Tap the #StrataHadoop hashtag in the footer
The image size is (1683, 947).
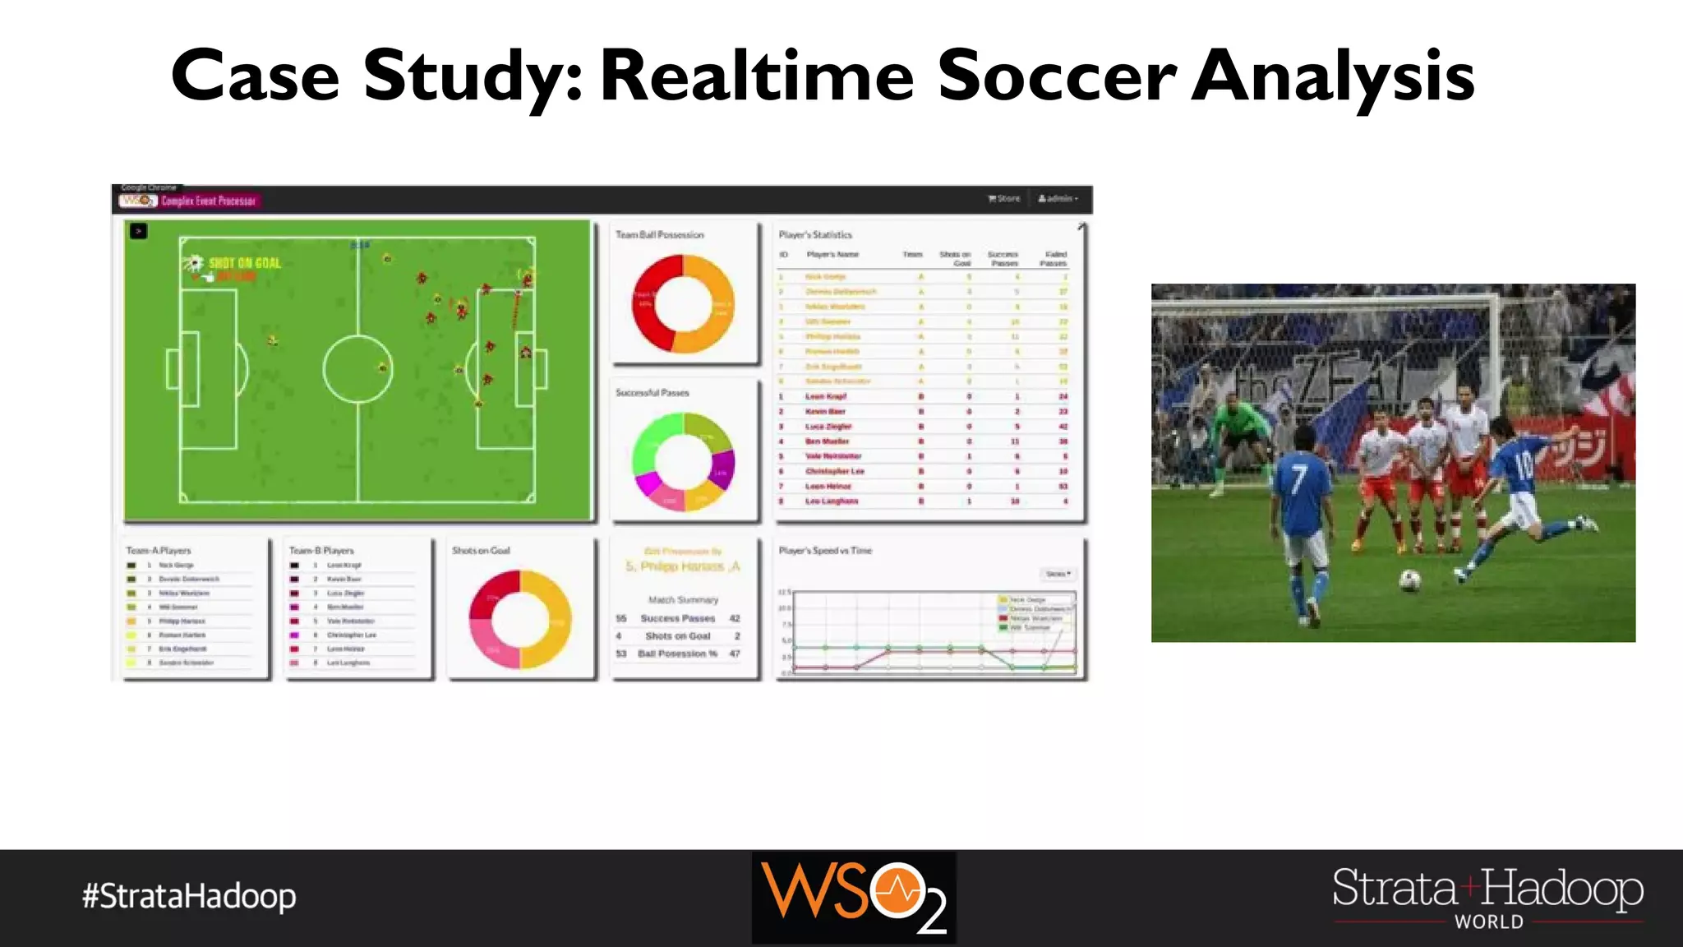click(189, 896)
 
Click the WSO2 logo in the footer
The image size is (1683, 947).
click(854, 897)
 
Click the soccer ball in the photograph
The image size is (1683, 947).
click(1409, 580)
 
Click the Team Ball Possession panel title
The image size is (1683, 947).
click(660, 235)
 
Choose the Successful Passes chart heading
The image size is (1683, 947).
click(652, 393)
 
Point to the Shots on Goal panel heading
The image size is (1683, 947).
click(481, 551)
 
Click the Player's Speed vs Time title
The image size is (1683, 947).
click(825, 551)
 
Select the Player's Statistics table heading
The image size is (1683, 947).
click(815, 235)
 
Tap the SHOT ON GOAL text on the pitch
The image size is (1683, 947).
click(244, 263)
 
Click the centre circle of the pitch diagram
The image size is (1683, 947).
click(357, 368)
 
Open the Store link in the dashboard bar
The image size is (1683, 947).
click(1004, 199)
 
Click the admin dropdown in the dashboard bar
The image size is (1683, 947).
click(1058, 199)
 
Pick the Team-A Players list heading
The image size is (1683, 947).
click(159, 551)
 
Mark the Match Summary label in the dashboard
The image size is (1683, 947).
click(683, 600)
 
